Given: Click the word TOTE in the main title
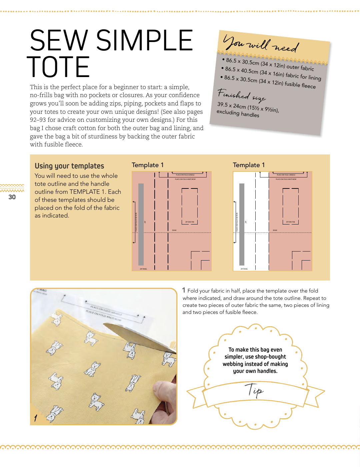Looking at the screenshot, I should click(x=58, y=67).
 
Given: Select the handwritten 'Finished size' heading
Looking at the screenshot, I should click(x=241, y=95).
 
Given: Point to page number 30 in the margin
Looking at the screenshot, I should click(x=12, y=197).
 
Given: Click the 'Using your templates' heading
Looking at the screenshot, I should click(x=69, y=166).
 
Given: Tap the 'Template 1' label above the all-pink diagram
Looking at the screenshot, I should click(x=148, y=165).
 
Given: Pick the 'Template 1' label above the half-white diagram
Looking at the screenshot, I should click(x=249, y=165).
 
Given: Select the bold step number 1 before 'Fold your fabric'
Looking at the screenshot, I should click(x=184, y=290).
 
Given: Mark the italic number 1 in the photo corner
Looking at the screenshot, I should click(x=35, y=418).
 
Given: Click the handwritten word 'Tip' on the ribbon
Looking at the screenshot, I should click(x=255, y=390).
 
